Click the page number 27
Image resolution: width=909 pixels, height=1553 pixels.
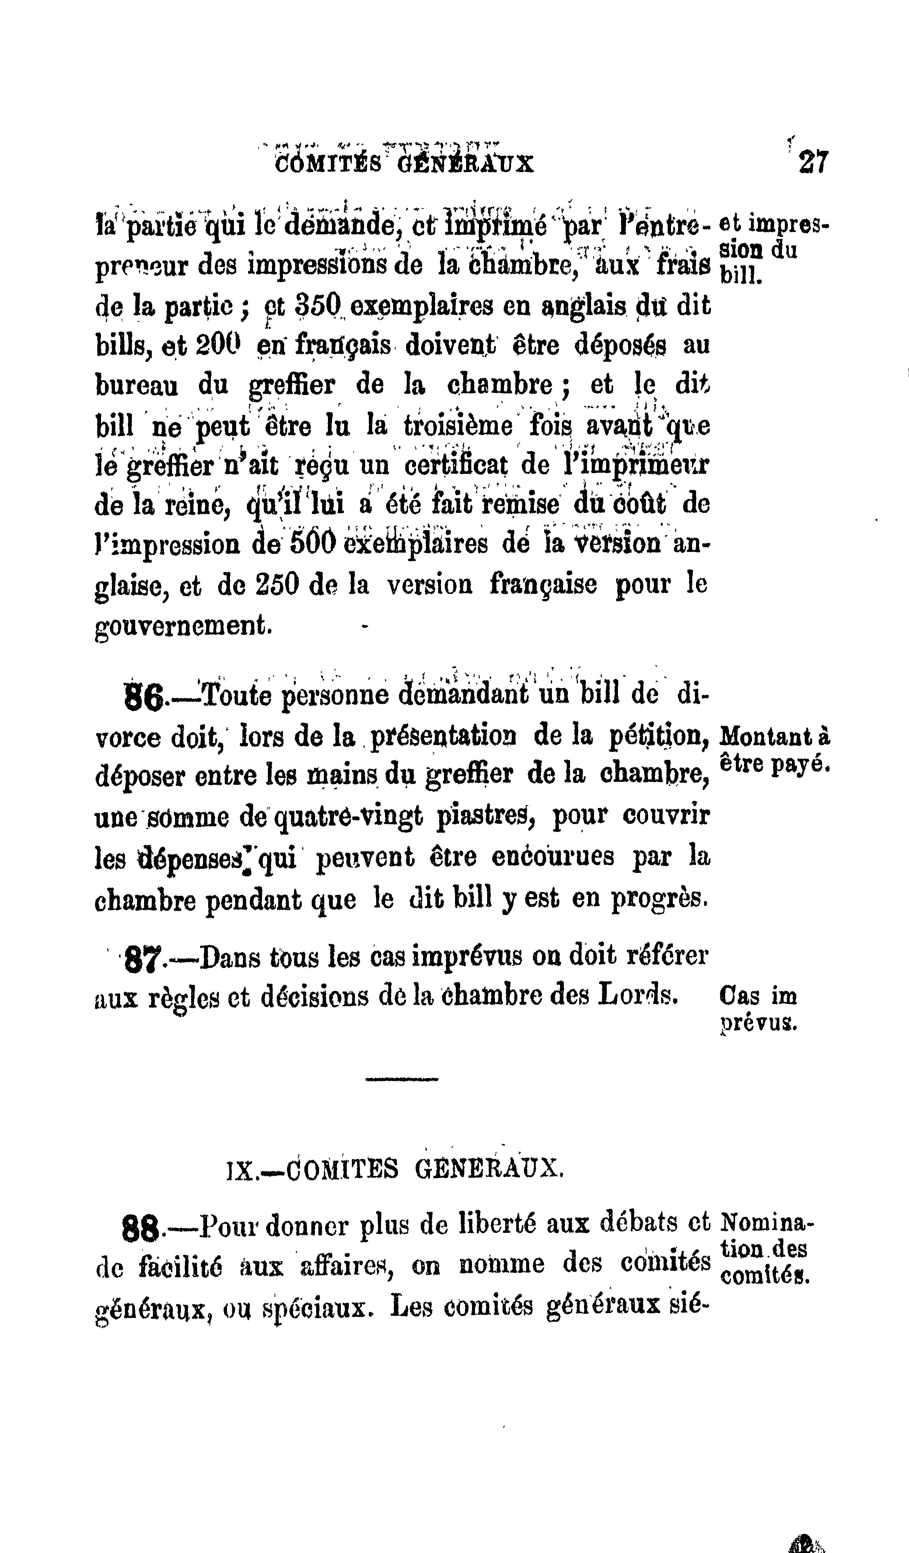coord(814,163)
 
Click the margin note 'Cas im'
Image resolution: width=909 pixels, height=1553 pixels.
coord(758,996)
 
